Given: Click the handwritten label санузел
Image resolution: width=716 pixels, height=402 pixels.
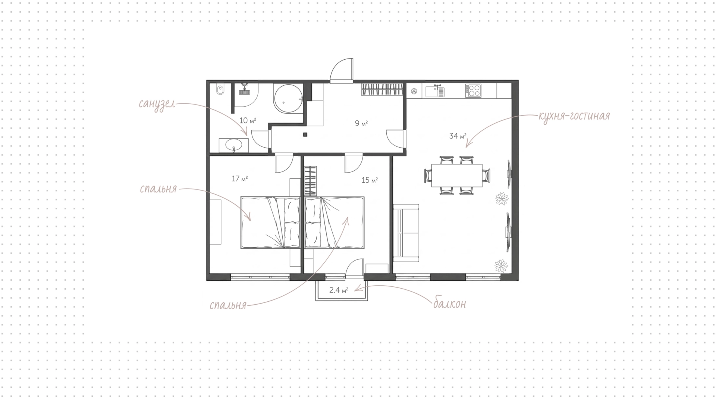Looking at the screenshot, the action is click(157, 104).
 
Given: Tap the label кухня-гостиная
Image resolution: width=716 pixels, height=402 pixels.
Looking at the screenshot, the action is click(574, 116).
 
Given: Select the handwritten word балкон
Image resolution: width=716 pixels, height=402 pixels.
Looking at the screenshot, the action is click(449, 304).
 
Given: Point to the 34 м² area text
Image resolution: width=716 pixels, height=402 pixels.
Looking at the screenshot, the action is click(458, 136).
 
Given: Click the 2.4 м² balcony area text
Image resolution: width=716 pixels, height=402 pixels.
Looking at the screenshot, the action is click(339, 290).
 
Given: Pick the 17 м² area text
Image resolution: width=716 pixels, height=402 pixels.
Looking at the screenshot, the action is click(240, 179).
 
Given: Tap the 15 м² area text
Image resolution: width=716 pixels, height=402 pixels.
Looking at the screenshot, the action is click(370, 180).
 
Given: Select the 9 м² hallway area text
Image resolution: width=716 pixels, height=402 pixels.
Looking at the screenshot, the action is click(361, 123).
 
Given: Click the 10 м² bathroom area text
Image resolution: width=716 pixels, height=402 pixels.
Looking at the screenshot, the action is click(248, 120).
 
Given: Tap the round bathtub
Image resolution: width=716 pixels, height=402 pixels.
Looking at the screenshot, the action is click(288, 98).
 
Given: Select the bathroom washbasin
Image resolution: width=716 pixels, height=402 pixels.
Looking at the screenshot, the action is click(234, 145).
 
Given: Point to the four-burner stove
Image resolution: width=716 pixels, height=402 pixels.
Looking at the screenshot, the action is click(473, 91).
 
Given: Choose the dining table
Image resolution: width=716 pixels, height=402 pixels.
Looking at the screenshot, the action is click(457, 175).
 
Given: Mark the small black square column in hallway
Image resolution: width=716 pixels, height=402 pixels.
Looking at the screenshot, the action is click(305, 135).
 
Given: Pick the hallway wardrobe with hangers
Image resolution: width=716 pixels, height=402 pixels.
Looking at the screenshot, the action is click(382, 89).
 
